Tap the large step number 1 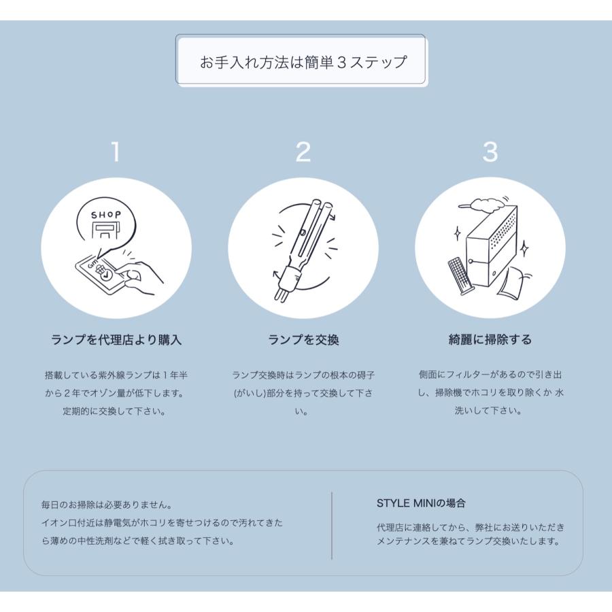pos(116,152)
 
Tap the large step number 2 pos(303,152)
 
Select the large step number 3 pos(490,152)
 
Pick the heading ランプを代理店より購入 pos(116,340)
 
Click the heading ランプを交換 pos(303,340)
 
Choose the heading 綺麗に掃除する pos(490,340)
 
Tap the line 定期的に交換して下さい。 pos(116,411)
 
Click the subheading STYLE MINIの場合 pos(421,503)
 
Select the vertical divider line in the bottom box pos(332,525)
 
